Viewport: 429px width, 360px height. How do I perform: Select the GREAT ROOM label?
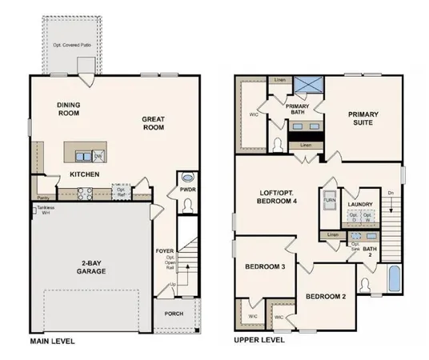153,124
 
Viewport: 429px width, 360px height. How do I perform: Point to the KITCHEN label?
84,174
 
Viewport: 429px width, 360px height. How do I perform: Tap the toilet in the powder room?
187,178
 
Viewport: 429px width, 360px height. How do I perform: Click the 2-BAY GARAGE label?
92,267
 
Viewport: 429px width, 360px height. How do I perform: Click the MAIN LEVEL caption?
52,342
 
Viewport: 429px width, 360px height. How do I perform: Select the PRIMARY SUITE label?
363,118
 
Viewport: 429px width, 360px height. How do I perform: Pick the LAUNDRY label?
360,205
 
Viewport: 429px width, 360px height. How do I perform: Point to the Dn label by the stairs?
390,194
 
